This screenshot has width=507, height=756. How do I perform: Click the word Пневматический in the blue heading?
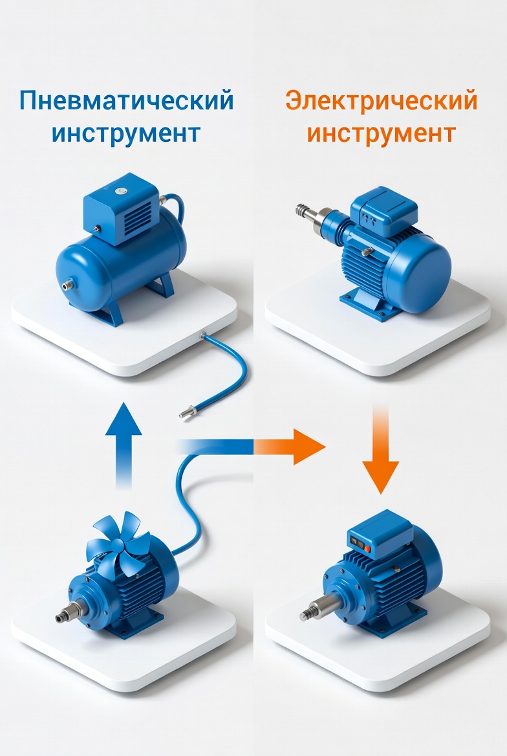click(127, 100)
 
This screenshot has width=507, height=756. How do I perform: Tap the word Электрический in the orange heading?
click(381, 101)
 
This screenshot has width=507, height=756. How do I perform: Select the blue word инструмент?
click(126, 133)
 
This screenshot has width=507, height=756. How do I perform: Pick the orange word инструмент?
click(381, 133)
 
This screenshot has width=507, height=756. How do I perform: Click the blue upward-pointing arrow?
click(124, 445)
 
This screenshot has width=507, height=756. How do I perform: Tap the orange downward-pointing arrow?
click(381, 449)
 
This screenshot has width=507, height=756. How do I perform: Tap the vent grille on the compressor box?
click(138, 215)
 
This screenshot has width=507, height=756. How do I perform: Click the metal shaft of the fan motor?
click(70, 612)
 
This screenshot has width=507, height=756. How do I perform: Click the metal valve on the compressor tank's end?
click(65, 285)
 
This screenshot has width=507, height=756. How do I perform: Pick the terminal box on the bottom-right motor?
click(380, 534)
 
